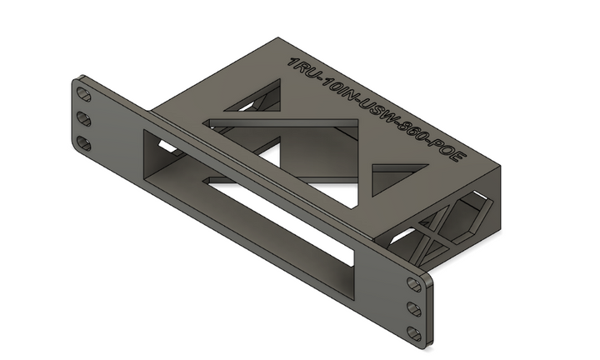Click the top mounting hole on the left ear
[84, 91]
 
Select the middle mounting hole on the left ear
[84, 117]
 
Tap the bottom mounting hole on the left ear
[84, 143]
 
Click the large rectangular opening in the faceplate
[250, 208]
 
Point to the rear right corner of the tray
[504, 171]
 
